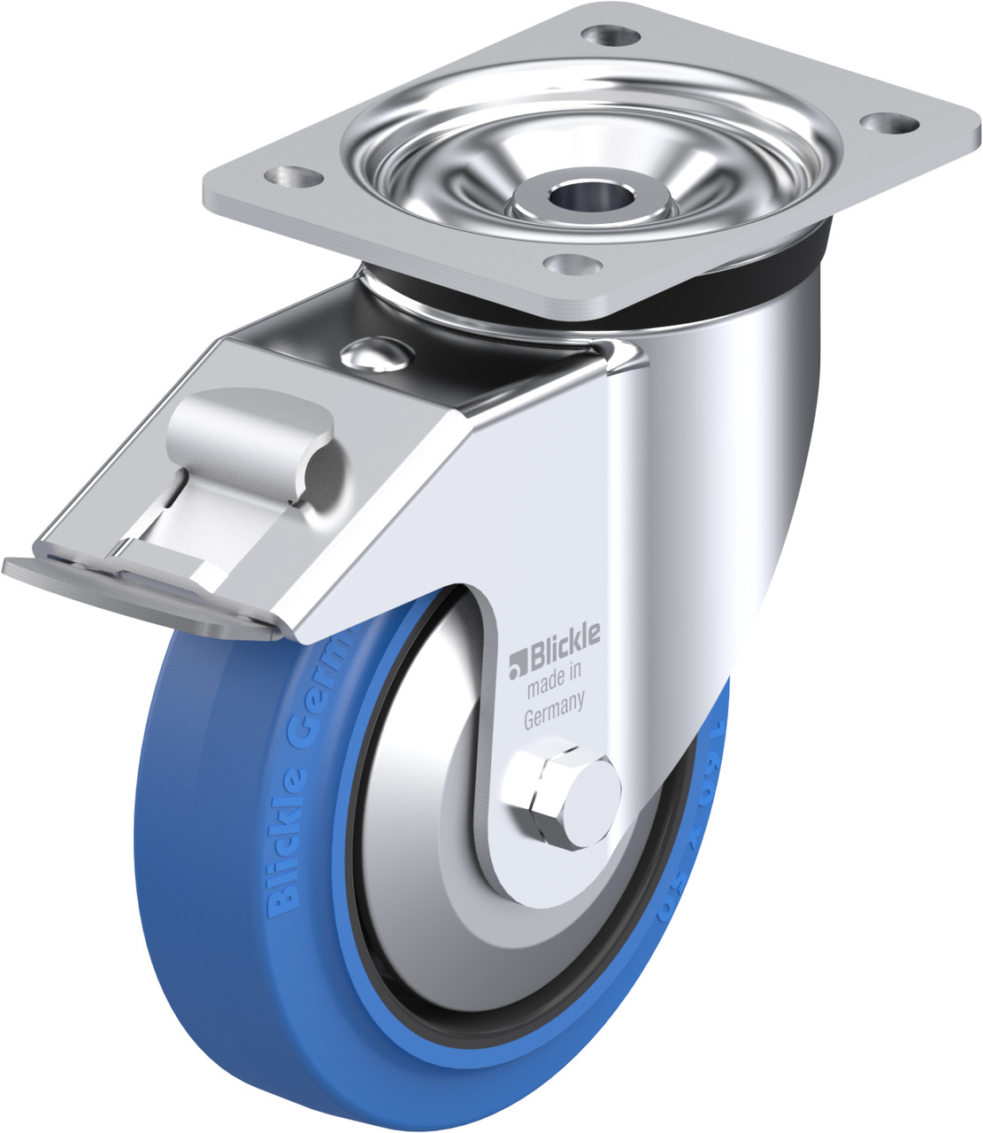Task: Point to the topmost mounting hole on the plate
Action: coord(611,37)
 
